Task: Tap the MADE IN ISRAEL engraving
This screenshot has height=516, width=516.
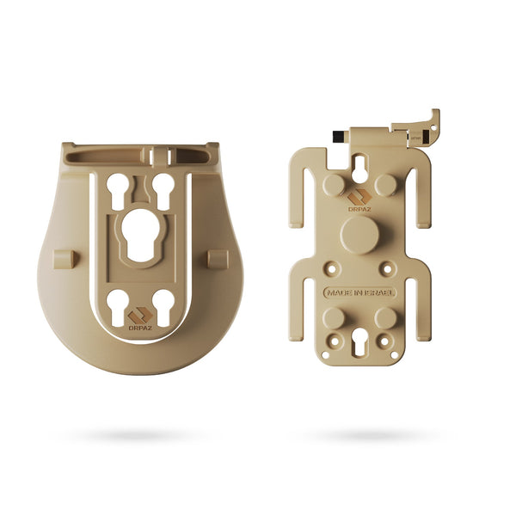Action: point(359,292)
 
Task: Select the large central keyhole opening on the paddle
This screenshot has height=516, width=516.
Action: point(141,233)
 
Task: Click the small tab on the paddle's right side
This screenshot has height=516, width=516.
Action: point(218,259)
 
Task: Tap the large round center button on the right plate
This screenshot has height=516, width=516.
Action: point(359,234)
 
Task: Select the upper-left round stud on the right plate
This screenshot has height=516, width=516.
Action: point(334,184)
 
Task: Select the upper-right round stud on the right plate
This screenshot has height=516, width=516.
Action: point(386,184)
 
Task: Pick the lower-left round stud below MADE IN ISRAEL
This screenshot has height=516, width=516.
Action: point(334,318)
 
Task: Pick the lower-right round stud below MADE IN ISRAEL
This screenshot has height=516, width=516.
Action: point(385,318)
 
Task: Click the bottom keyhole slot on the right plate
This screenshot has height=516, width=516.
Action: point(359,345)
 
